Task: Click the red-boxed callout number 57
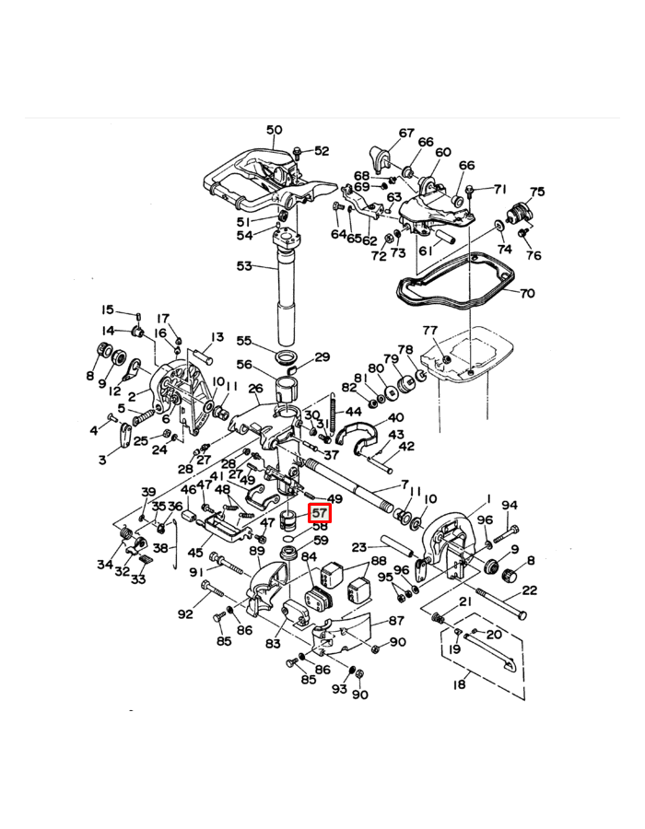pyautogui.click(x=320, y=513)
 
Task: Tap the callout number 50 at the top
pyautogui.click(x=275, y=130)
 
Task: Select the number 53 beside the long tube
pyautogui.click(x=244, y=266)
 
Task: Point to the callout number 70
pyautogui.click(x=526, y=295)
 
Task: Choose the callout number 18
pyautogui.click(x=461, y=683)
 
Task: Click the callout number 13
pyautogui.click(x=217, y=337)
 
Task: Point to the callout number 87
pyautogui.click(x=396, y=621)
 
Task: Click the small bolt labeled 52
pyautogui.click(x=298, y=151)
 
